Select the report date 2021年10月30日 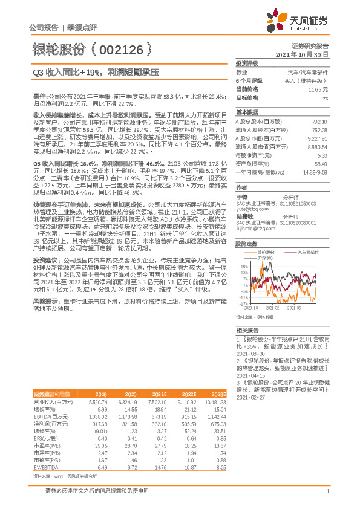coord(302,54)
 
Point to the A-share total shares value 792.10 coord(319,122)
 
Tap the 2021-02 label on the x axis coord(280,308)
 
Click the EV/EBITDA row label coord(47,467)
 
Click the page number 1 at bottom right coord(327,499)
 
